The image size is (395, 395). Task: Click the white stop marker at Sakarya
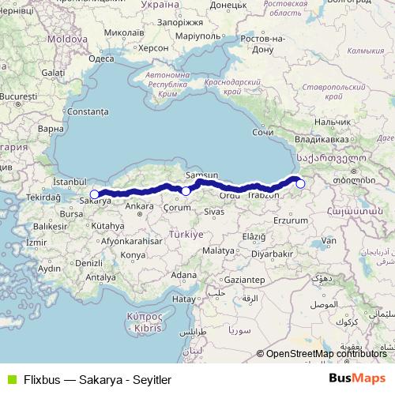(94, 194)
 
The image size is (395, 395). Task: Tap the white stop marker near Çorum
(186, 190)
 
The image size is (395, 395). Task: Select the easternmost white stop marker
(300, 183)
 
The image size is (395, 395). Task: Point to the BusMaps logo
(358, 378)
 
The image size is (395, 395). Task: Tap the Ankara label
(139, 206)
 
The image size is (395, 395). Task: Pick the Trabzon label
(263, 194)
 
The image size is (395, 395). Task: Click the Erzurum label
(288, 220)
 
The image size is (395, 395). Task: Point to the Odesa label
(103, 58)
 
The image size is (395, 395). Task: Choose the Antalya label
(100, 277)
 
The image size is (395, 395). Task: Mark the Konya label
(133, 255)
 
